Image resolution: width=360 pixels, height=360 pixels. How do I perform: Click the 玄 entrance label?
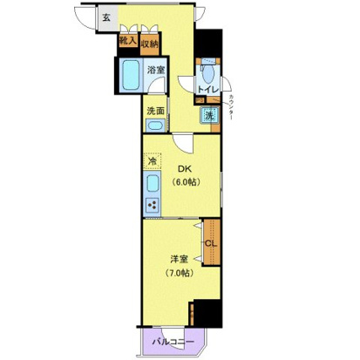(x=105, y=17)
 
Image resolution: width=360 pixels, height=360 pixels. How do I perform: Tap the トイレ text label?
(x=208, y=88)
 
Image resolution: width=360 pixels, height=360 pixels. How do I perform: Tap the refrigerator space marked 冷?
(x=151, y=160)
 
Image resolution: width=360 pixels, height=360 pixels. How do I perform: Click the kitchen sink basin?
(x=151, y=184)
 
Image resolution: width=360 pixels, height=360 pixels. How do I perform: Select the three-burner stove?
(x=151, y=206)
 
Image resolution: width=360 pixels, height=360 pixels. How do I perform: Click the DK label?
(x=185, y=169)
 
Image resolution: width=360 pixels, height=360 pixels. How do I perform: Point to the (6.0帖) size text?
(x=185, y=183)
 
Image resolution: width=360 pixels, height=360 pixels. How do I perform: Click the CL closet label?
(x=209, y=244)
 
